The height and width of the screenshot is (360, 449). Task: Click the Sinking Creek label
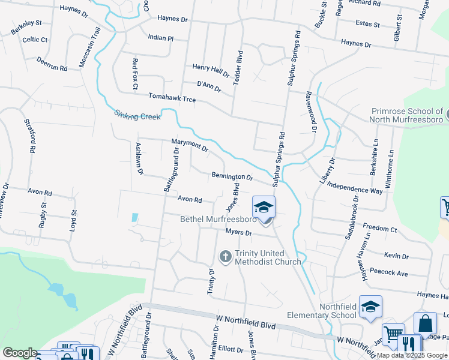(137, 115)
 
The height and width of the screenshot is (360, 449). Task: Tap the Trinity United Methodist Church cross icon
(226, 257)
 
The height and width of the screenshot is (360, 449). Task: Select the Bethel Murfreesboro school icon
(264, 208)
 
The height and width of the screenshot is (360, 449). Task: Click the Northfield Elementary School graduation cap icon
(370, 306)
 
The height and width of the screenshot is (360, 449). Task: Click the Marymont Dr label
(190, 145)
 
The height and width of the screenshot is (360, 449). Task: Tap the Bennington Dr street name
(232, 177)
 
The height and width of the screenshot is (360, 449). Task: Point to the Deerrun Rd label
(52, 64)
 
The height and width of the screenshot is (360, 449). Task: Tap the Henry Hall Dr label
(211, 71)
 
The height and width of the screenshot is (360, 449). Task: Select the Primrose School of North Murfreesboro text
(407, 116)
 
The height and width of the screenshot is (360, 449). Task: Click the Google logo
(19, 353)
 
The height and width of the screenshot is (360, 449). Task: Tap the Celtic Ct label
(35, 40)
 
